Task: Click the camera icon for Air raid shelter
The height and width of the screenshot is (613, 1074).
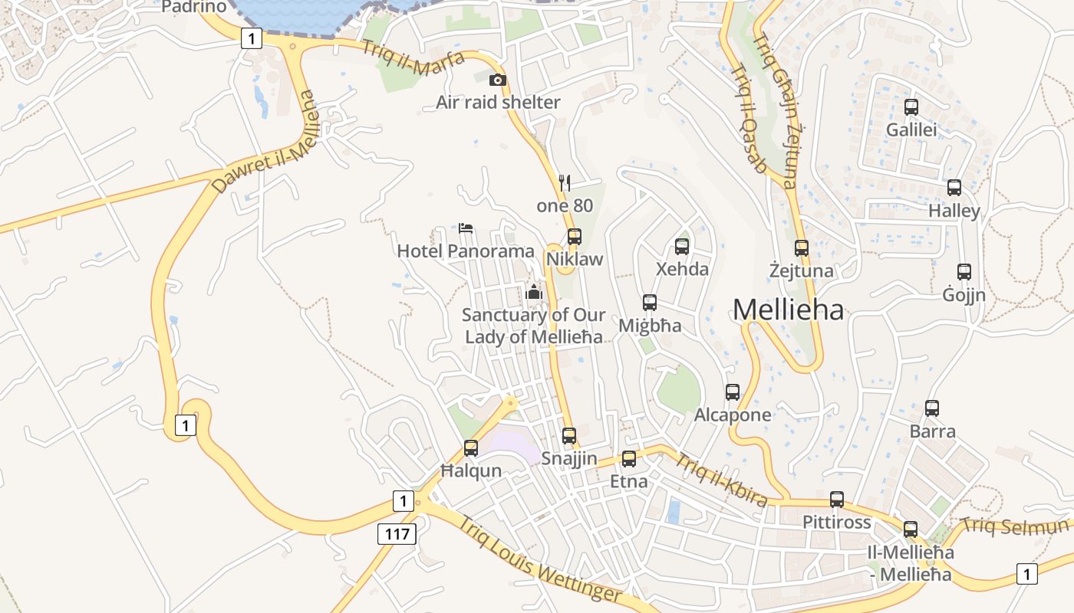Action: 498,80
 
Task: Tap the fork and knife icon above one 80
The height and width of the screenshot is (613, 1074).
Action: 565,182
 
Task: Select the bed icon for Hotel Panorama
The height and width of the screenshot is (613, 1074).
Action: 466,228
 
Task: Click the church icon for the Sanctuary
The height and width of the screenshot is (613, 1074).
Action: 534,292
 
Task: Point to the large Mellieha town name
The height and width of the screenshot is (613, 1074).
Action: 788,310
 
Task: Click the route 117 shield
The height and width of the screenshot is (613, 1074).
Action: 397,533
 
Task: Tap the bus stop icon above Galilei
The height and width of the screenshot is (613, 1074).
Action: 911,107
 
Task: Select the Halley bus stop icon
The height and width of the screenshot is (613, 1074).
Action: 954,188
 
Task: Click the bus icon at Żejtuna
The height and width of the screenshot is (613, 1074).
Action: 802,247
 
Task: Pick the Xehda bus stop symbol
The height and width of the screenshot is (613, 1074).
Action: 682,247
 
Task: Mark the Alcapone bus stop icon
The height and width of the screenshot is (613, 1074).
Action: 733,392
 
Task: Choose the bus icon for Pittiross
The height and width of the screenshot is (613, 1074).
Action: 837,500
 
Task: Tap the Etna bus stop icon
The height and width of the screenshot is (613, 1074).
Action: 629,459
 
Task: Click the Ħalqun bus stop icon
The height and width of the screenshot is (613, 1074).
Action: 471,448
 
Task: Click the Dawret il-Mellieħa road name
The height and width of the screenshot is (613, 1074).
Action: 264,143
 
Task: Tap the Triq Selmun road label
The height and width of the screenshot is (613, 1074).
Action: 1014,526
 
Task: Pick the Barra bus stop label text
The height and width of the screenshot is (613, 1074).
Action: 932,431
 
